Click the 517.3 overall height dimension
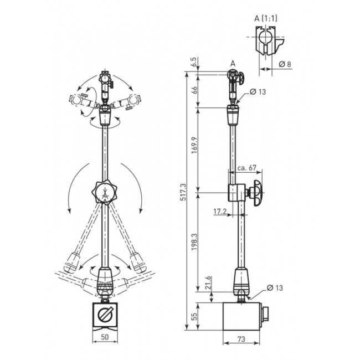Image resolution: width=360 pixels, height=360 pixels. (183, 192)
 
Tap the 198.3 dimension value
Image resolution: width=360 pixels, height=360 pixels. (194, 242)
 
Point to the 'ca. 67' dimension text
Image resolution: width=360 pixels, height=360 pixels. (246, 168)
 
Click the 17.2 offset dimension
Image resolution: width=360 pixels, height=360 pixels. (220, 211)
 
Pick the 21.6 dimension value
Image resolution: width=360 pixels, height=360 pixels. (208, 282)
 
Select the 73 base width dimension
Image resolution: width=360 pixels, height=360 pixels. (241, 339)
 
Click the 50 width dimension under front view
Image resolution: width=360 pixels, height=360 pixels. (105, 337)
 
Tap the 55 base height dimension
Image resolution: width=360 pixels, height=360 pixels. (194, 317)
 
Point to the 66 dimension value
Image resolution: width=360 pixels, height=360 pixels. (194, 90)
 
